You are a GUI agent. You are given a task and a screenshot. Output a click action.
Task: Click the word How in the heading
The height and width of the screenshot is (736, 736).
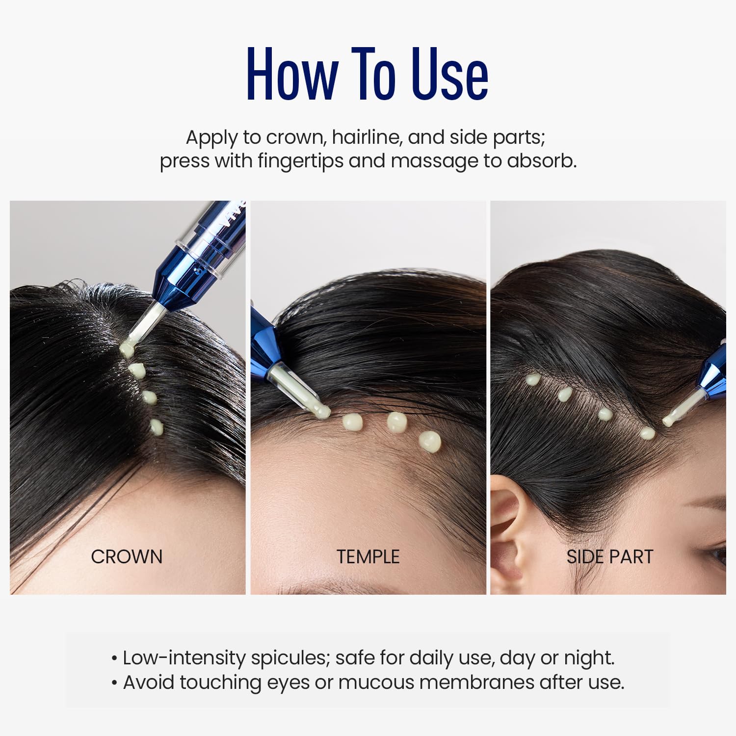coord(292,75)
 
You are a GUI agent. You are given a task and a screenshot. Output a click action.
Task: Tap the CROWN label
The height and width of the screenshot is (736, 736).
coord(127,557)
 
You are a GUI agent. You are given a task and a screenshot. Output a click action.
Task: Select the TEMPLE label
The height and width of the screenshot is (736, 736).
coord(368,557)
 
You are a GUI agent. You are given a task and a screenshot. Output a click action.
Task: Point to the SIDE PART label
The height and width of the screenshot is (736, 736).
coord(610,557)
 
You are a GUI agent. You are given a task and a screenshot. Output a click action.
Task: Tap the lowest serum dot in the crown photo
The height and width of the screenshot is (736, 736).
coord(157,427)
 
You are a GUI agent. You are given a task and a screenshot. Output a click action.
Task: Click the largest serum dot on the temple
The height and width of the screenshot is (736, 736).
coord(430,442)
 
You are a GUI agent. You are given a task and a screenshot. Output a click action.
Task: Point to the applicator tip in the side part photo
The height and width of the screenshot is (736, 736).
coord(668,421)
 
